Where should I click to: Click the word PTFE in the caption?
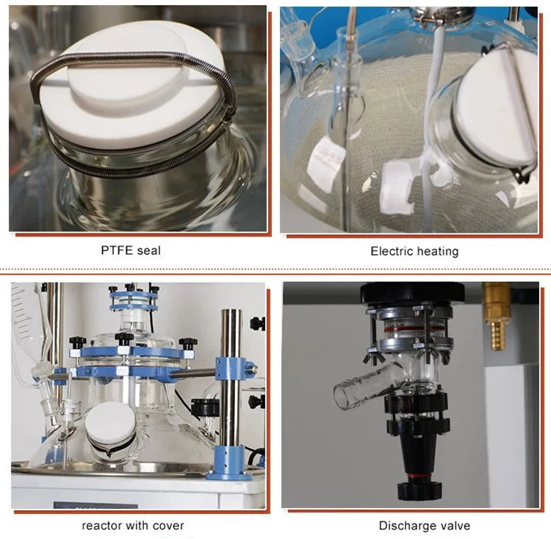[116, 250]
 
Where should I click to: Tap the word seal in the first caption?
[148, 250]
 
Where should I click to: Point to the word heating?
[439, 252]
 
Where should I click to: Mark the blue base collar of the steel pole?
[229, 461]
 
